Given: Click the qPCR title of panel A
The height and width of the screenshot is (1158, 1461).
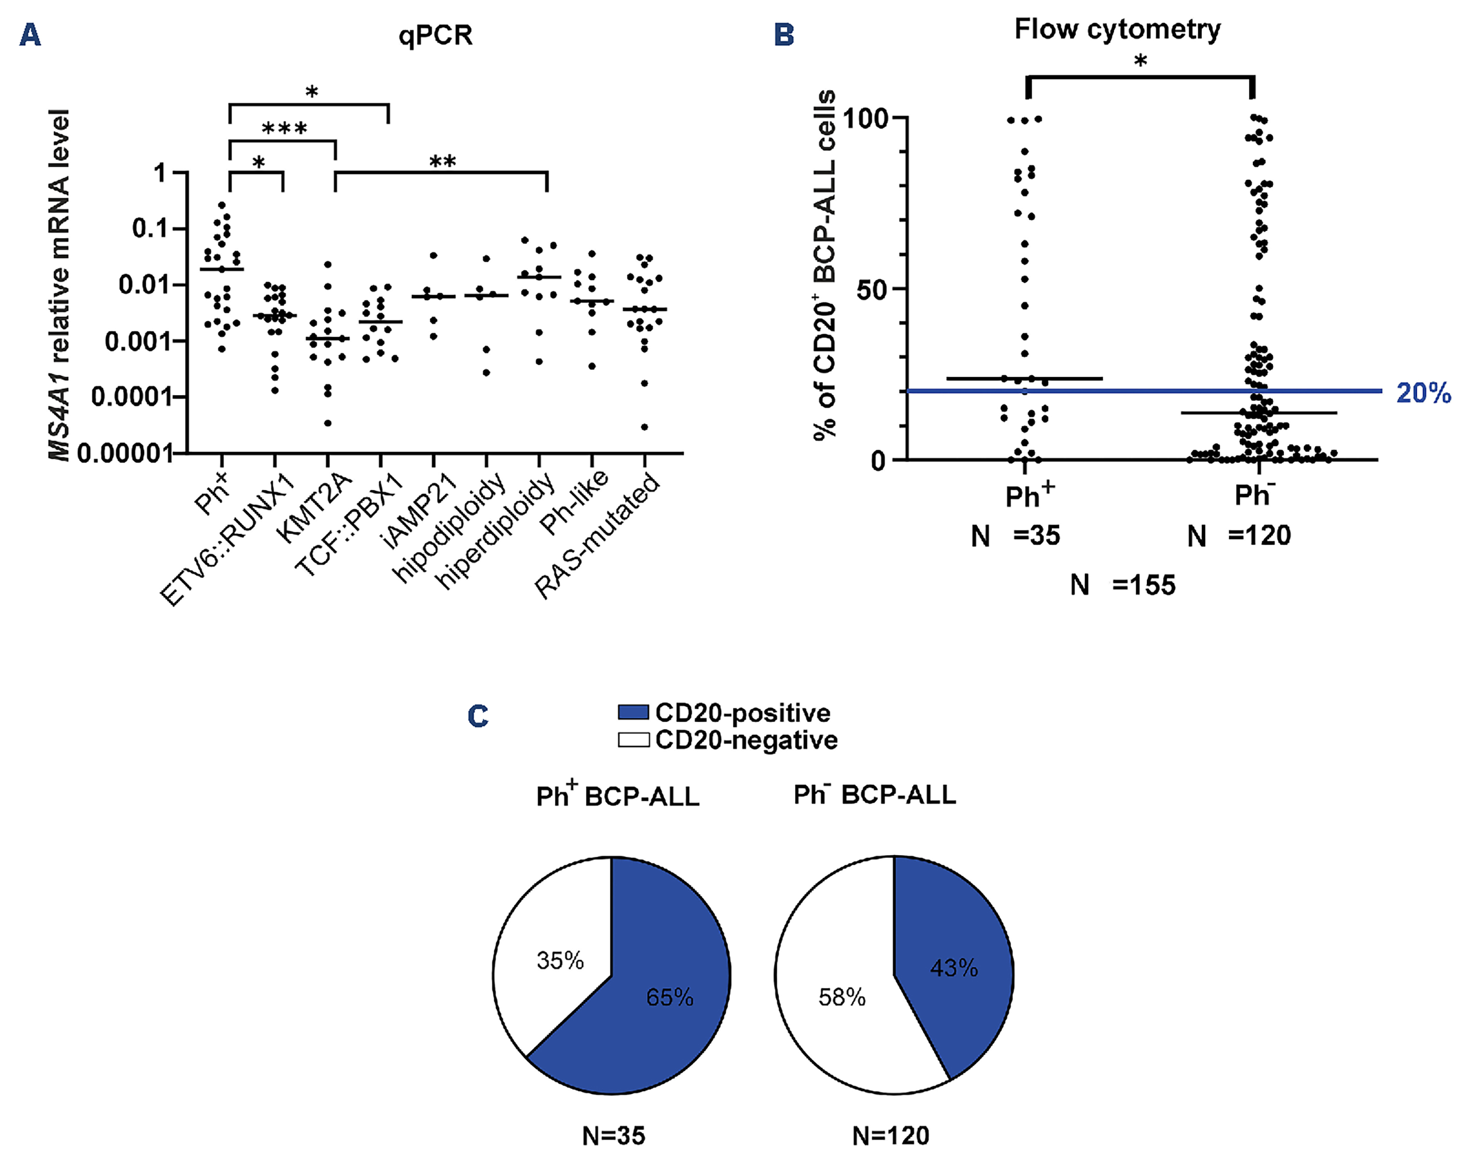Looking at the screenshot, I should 435,35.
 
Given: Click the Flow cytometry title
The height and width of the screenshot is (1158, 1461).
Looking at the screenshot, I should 1117,30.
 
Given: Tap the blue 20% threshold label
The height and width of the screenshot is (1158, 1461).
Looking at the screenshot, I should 1423,393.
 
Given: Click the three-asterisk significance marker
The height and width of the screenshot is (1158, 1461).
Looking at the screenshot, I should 284,129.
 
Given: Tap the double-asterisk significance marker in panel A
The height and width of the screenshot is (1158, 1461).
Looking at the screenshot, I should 442,162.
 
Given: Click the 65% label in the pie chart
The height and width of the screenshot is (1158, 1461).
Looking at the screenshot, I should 669,997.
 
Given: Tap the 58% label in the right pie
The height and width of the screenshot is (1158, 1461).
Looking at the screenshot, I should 842,997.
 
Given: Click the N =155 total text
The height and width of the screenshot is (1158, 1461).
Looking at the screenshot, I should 1122,585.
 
